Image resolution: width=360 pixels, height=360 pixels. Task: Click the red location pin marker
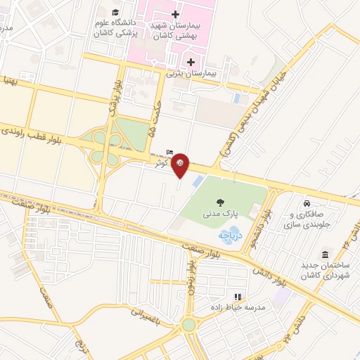pos(180,164)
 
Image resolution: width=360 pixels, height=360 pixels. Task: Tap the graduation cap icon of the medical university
pos(115,12)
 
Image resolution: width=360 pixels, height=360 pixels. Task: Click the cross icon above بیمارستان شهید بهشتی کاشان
pos(175,14)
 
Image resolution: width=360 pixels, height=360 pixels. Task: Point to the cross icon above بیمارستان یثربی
pos(191,62)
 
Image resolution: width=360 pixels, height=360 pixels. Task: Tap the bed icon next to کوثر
pos(169,152)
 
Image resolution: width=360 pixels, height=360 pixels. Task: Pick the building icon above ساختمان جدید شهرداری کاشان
pos(325,255)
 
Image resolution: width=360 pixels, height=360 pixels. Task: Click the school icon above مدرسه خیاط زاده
pos(238,297)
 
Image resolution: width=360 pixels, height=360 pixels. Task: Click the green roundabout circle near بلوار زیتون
pos(188,324)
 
